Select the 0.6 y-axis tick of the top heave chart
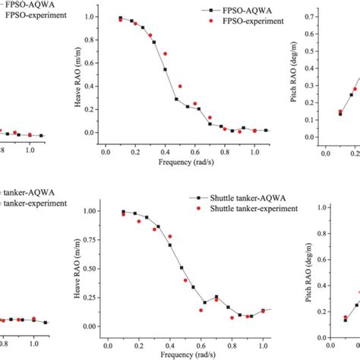click(x=113, y=63)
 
